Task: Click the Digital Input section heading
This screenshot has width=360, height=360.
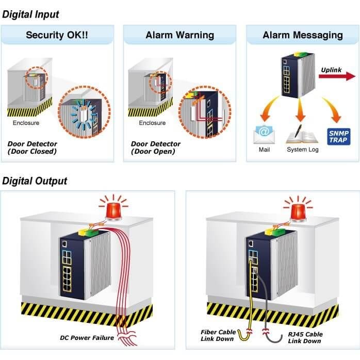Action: (x=30, y=14)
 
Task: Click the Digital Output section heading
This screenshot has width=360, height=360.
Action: (x=35, y=181)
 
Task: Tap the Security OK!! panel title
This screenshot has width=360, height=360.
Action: (x=57, y=35)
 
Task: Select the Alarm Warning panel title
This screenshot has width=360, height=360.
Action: (x=180, y=35)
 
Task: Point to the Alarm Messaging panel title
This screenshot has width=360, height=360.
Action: (x=303, y=35)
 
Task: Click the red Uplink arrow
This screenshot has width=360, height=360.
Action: (x=337, y=76)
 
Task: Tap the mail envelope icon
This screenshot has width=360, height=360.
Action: (x=264, y=134)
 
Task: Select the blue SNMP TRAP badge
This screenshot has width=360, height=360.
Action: (x=339, y=137)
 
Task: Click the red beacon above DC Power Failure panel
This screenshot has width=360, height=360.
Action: (x=113, y=209)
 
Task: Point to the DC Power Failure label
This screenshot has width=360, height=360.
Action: (x=87, y=338)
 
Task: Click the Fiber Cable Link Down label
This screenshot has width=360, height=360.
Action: (x=218, y=335)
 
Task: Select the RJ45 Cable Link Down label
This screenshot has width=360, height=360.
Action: (x=305, y=337)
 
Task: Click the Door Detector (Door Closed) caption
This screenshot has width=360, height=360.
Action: (x=32, y=148)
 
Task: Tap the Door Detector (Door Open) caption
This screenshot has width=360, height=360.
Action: (x=156, y=148)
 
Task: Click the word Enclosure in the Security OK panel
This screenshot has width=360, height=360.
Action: (x=26, y=123)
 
